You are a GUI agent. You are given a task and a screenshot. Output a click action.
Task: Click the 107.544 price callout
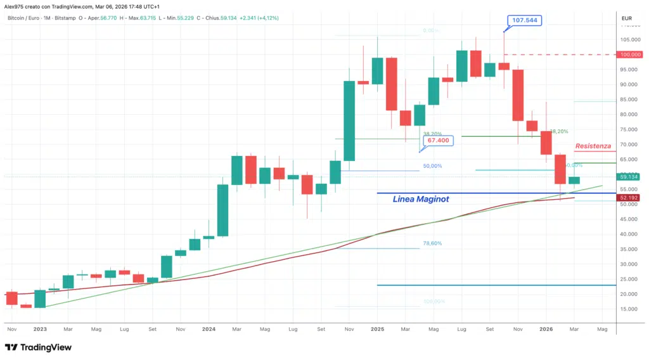(x=525, y=20)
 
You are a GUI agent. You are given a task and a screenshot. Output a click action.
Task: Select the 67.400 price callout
(x=438, y=140)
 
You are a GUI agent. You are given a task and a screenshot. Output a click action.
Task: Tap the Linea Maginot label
(x=421, y=199)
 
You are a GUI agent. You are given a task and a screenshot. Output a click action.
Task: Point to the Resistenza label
(x=593, y=146)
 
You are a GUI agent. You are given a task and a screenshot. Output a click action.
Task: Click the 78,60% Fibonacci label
(x=432, y=243)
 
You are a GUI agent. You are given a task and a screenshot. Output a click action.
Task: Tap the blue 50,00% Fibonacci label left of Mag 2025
(x=432, y=166)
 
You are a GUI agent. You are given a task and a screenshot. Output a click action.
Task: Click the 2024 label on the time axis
(x=209, y=329)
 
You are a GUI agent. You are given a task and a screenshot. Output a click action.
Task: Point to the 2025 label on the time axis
(x=377, y=329)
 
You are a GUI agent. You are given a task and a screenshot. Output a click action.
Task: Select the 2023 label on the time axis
(x=40, y=329)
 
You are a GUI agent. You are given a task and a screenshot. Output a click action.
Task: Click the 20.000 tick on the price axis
(x=629, y=294)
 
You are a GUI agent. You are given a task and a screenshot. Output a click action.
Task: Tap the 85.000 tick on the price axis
(x=629, y=100)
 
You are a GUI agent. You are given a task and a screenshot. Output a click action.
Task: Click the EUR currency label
(x=627, y=18)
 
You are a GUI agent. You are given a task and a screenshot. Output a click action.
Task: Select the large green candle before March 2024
(x=223, y=210)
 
